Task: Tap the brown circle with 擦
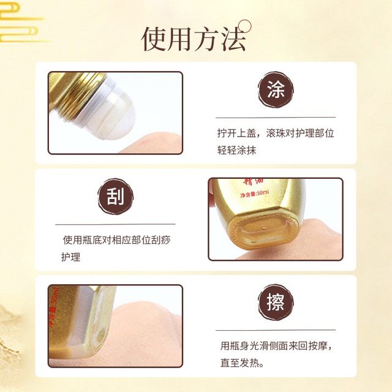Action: (275, 304)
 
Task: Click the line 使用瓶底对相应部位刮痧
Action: (116, 239)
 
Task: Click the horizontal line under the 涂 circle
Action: (275, 117)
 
